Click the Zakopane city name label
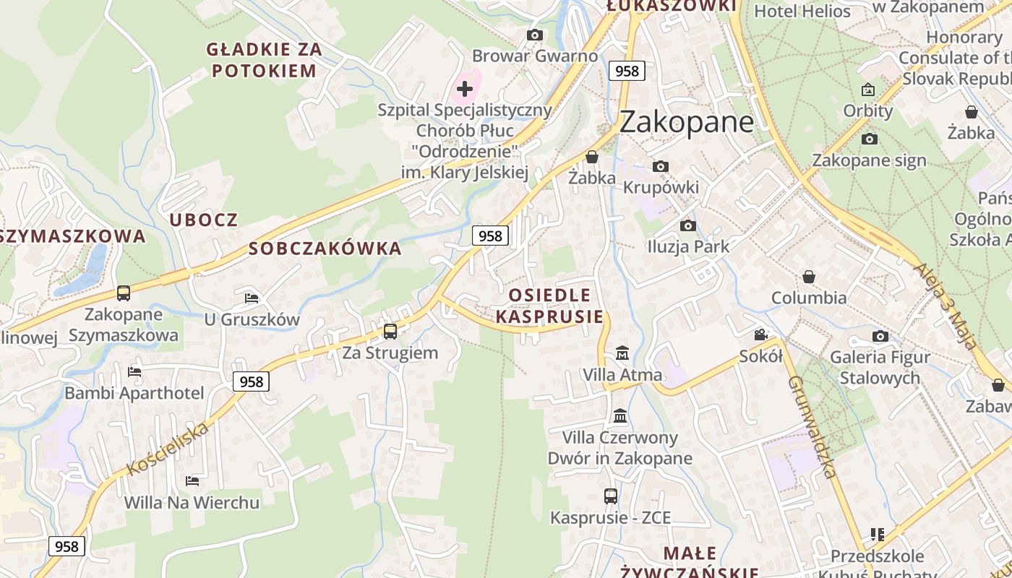[686, 121]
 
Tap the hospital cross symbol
[465, 89]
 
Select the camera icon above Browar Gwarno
[535, 35]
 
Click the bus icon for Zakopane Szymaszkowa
[124, 293]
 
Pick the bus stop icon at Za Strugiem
[390, 332]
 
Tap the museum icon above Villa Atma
[622, 353]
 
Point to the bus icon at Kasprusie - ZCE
[611, 496]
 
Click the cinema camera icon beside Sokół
[760, 335]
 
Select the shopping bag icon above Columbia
[809, 277]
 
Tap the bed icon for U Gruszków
[252, 297]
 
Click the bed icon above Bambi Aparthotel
[134, 372]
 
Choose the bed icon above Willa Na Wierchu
[192, 480]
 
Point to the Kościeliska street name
[168, 449]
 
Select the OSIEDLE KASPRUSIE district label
[549, 306]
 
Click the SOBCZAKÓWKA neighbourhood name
[325, 249]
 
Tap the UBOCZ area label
[203, 220]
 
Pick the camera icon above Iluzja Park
[688, 225]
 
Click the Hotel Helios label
[802, 11]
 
